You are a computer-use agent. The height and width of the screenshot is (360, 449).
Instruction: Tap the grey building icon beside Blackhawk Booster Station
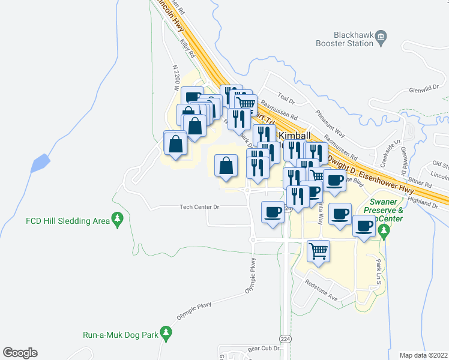[x=381, y=40]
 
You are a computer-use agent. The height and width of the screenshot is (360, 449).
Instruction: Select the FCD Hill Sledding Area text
[x=67, y=221]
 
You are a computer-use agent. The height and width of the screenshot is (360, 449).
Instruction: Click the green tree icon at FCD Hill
[x=117, y=221]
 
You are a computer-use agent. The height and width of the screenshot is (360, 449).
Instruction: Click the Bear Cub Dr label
[x=264, y=348]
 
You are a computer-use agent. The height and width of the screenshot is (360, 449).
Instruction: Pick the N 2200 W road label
[x=176, y=78]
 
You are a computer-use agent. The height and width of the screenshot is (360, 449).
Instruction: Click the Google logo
[x=20, y=353]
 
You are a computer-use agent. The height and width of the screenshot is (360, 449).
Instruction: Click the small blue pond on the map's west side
[x=39, y=163]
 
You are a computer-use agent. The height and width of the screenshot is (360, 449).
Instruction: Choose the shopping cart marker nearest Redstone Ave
[x=319, y=251]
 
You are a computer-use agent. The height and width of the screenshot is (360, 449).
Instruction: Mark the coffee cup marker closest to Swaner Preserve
[x=364, y=226]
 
